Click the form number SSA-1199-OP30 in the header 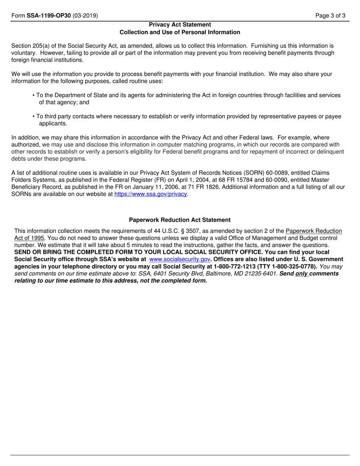tap(49, 16)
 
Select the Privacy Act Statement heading tap(180, 25)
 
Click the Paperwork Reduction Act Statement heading tap(180, 220)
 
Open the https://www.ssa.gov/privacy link tap(151, 194)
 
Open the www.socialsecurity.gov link tap(180, 259)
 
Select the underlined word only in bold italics tap(302, 274)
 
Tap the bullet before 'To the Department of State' tap(34, 95)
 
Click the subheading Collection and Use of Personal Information tap(180, 32)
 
